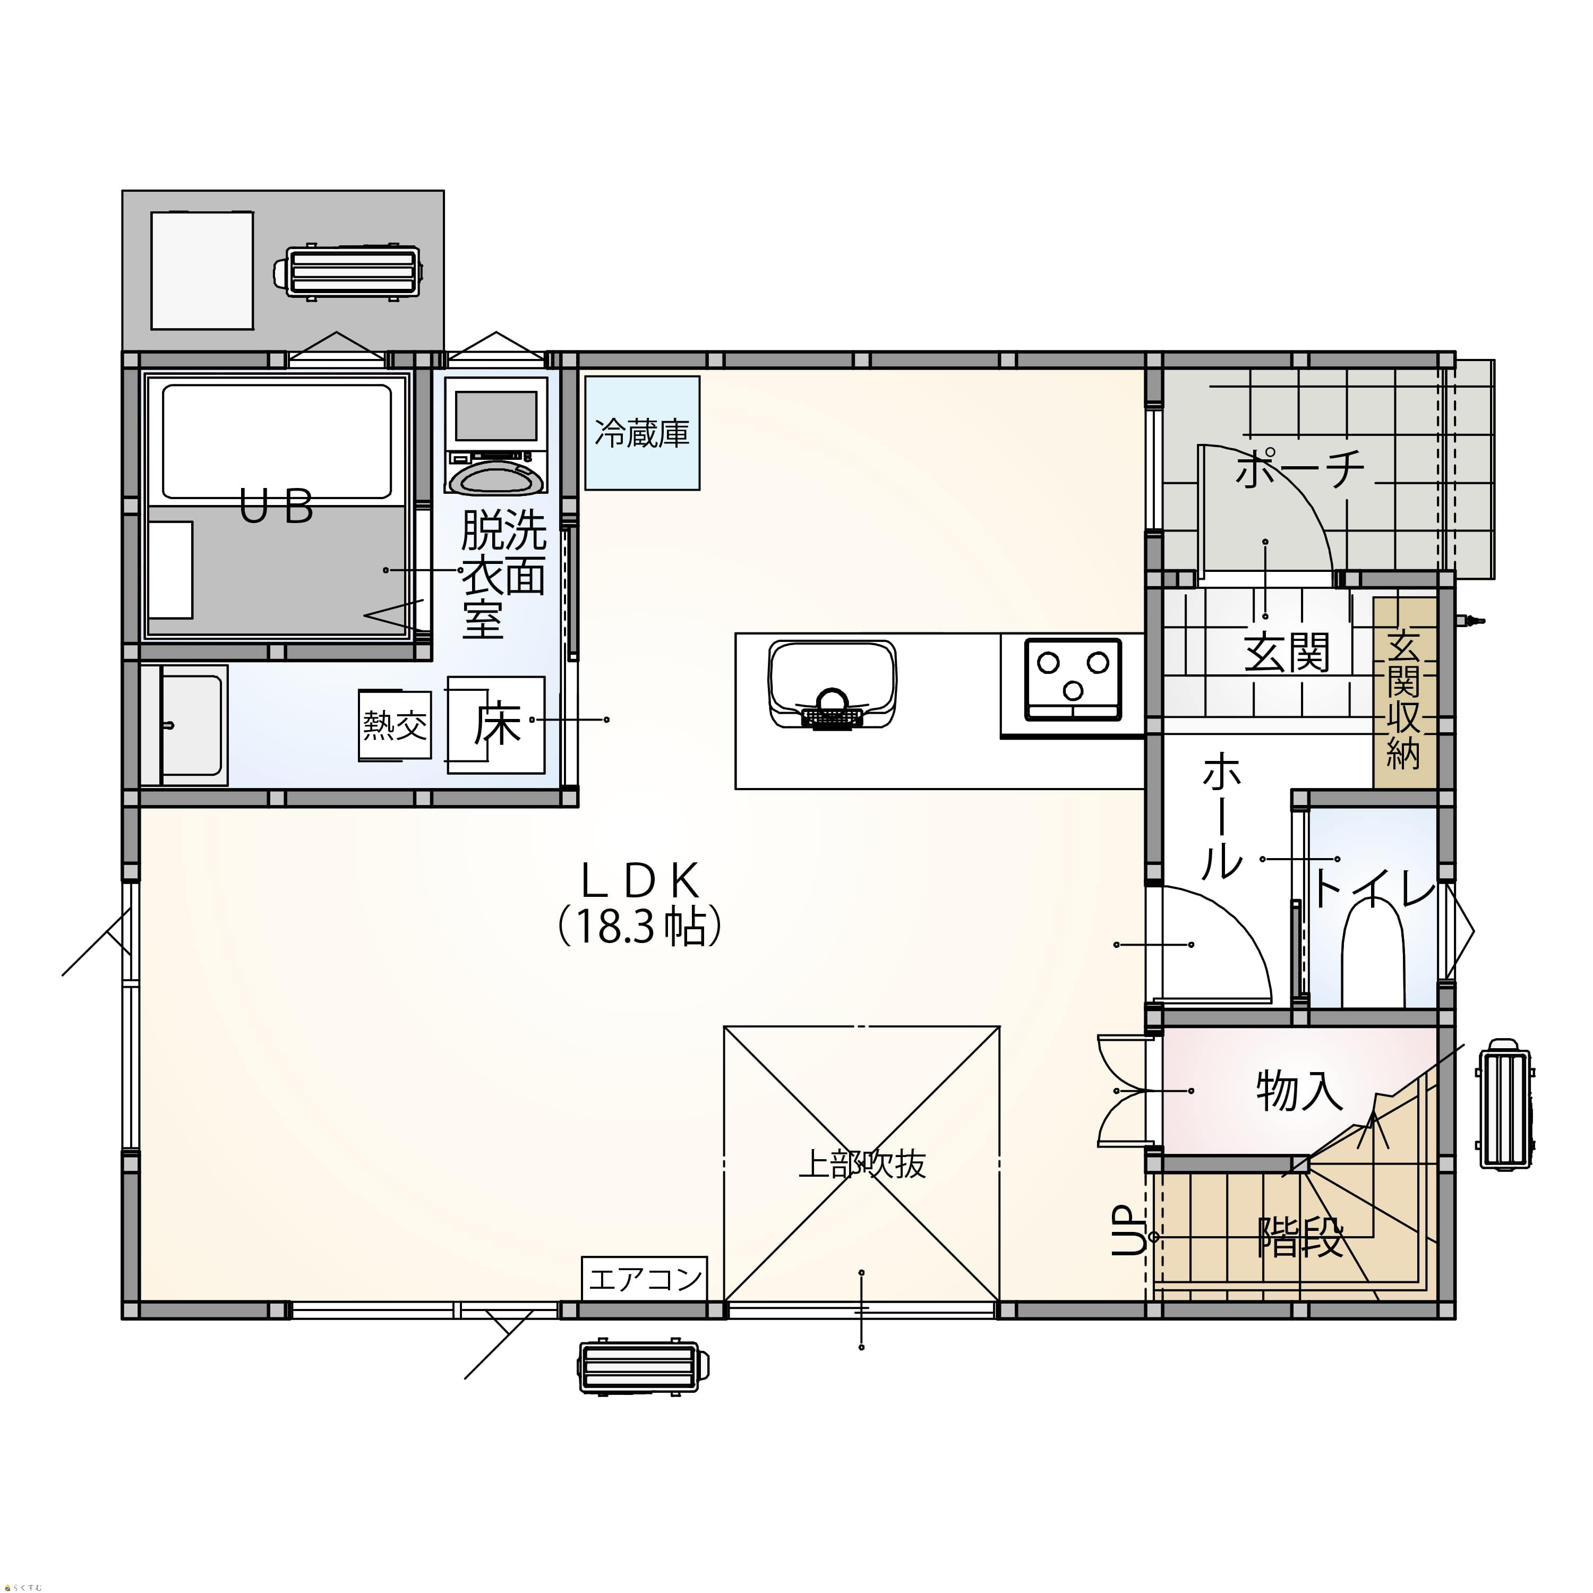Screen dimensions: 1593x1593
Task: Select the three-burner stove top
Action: [1073, 680]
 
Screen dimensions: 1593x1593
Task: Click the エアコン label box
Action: [644, 1279]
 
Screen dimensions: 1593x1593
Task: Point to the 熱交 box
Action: [395, 725]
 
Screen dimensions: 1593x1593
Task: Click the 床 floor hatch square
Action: [495, 725]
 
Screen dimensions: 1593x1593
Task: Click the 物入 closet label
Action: [1299, 1091]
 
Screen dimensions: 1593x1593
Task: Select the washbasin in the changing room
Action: [185, 725]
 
